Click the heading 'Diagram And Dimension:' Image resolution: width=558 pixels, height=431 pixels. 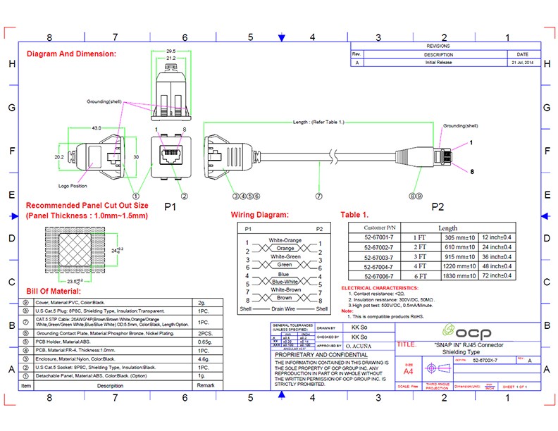click(71, 54)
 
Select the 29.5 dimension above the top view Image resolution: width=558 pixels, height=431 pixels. click(170, 51)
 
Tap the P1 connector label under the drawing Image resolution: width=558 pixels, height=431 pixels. click(170, 206)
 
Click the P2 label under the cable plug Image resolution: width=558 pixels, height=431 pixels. click(438, 206)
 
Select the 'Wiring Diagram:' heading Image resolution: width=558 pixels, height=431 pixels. click(259, 215)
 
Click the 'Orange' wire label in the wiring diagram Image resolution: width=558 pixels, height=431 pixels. click(285, 249)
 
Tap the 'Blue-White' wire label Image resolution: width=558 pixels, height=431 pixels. click(285, 282)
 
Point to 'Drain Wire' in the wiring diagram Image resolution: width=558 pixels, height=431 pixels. click(285, 309)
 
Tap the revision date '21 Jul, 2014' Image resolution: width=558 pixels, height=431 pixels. click(522, 63)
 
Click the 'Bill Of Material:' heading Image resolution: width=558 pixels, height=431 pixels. click(54, 291)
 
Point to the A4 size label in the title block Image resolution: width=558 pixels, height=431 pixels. click(409, 370)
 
